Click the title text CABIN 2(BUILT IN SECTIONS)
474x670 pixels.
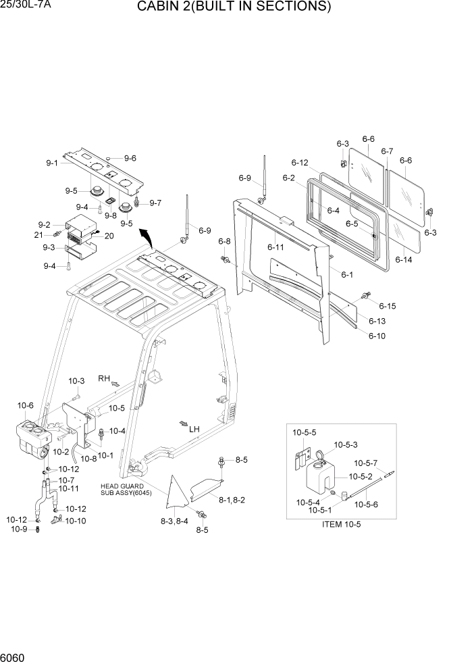click(234, 7)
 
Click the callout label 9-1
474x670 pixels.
click(53, 163)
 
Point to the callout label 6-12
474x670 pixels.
click(300, 163)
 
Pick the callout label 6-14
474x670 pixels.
click(404, 259)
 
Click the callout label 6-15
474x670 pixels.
click(387, 306)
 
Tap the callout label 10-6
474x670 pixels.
click(25, 405)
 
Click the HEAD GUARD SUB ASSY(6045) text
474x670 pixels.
click(126, 489)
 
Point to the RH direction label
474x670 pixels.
click(104, 378)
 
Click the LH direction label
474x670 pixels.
click(194, 429)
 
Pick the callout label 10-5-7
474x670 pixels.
click(365, 463)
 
